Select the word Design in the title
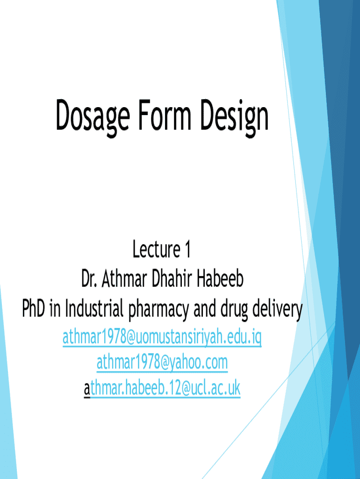(x=234, y=117)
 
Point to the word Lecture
(x=156, y=249)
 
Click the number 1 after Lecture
(x=187, y=249)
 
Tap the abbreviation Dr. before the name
(x=89, y=279)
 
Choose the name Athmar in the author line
(x=124, y=279)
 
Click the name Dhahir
(x=172, y=279)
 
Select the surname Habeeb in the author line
(x=220, y=279)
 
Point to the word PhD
(x=33, y=308)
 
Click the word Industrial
(x=94, y=308)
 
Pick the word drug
(x=234, y=311)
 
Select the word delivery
(x=278, y=311)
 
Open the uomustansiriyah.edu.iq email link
(x=162, y=338)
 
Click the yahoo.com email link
(x=162, y=363)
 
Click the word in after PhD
(x=55, y=308)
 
